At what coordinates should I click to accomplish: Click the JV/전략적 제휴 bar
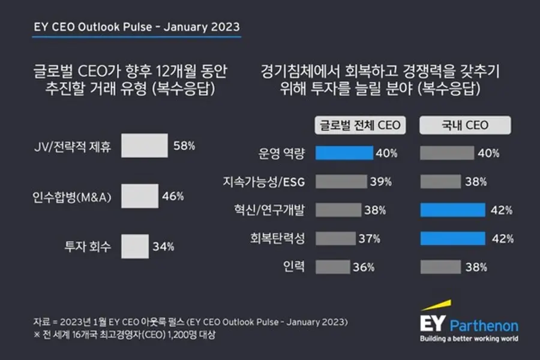pyautogui.click(x=145, y=146)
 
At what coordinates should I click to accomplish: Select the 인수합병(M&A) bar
pyautogui.click(x=140, y=196)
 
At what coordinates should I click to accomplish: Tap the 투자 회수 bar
pyautogui.click(x=135, y=247)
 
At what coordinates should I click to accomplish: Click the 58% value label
pyautogui.click(x=184, y=146)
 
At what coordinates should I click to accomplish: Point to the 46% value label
pyautogui.click(x=173, y=196)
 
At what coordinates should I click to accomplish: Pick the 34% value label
pyautogui.click(x=164, y=247)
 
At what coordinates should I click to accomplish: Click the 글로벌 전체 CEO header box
pyautogui.click(x=360, y=125)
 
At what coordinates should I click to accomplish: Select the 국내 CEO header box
pyautogui.click(x=465, y=125)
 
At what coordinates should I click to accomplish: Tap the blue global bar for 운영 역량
pyautogui.click(x=344, y=153)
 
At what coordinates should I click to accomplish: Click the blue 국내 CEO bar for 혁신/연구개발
pyautogui.click(x=453, y=210)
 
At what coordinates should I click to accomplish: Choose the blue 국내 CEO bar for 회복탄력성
pyautogui.click(x=453, y=238)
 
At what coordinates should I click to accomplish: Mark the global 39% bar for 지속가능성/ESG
pyautogui.click(x=341, y=182)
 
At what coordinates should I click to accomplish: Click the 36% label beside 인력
pyautogui.click(x=364, y=268)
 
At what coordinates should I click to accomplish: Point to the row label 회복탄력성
pyautogui.click(x=278, y=238)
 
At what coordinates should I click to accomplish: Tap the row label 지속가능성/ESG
pyautogui.click(x=264, y=182)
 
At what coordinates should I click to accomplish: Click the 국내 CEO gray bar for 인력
pyautogui.click(x=441, y=267)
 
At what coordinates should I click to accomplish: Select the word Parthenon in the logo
pyautogui.click(x=484, y=326)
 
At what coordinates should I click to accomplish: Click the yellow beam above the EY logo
pyautogui.click(x=436, y=305)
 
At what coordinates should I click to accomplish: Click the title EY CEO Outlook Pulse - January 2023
pyautogui.click(x=137, y=27)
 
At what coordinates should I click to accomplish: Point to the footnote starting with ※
pyautogui.click(x=124, y=335)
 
